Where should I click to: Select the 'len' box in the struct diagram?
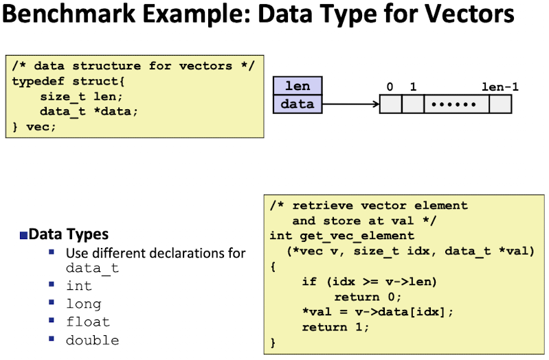tap(298, 86)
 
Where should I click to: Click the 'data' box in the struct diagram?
tap(298, 104)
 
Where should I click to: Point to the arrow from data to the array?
tap(350, 104)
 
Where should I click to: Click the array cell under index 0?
tap(390, 104)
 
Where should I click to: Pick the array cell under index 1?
tap(413, 104)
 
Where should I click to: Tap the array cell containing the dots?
tap(457, 104)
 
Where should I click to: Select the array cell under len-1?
tap(500, 104)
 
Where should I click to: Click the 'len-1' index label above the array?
tap(500, 87)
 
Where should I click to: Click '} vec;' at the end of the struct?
tap(34, 126)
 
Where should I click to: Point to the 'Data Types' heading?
tap(69, 234)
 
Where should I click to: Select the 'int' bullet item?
tap(78, 286)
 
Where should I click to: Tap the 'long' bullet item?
tap(83, 304)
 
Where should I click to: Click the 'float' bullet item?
tap(87, 322)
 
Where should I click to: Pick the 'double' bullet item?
tap(92, 340)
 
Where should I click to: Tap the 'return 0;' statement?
tap(367, 297)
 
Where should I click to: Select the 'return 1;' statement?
tap(335, 327)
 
